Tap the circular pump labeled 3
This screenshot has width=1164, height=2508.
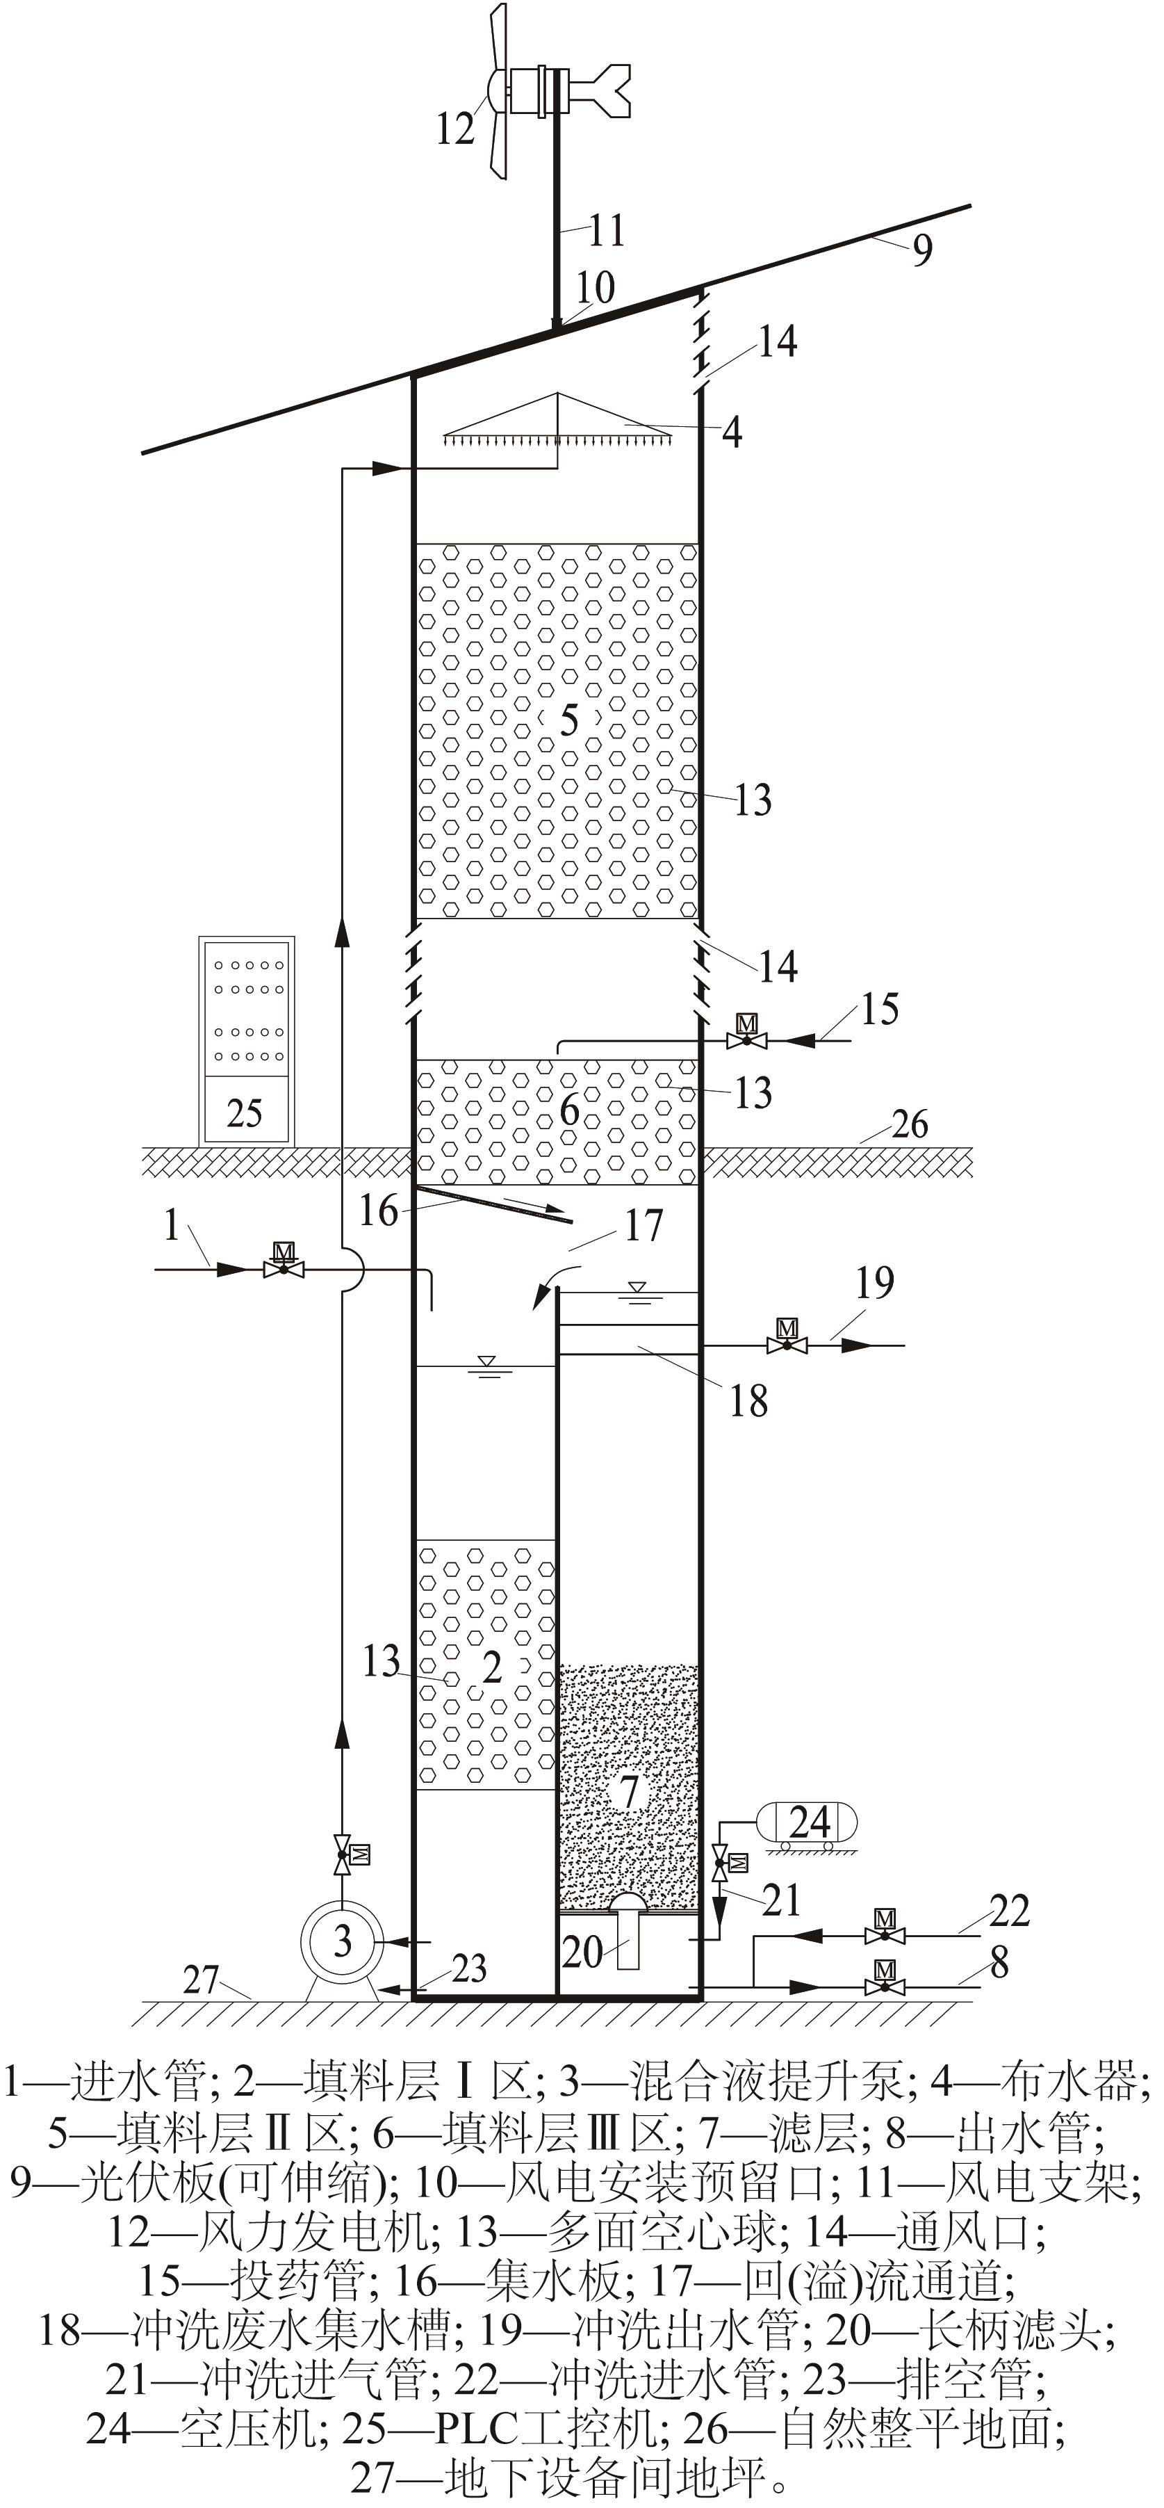click(342, 1941)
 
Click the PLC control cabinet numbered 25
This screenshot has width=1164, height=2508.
click(246, 1039)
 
